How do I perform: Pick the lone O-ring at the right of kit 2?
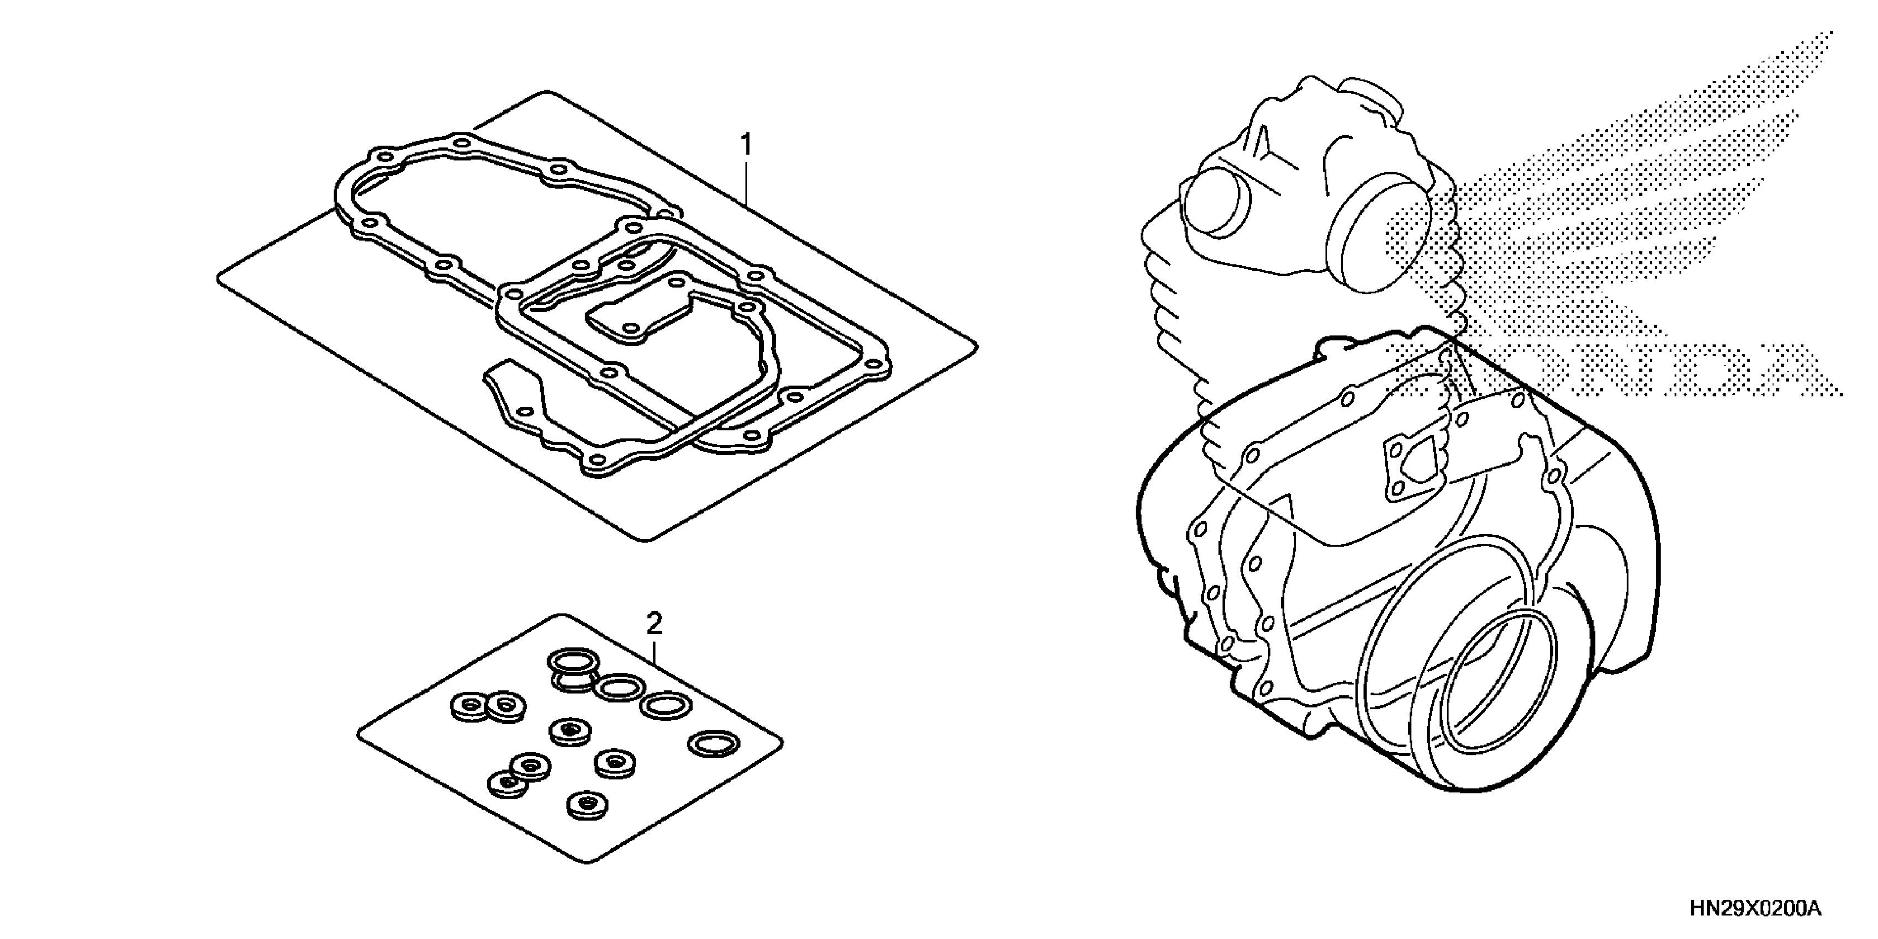[x=714, y=743]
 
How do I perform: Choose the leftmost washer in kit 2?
[x=467, y=706]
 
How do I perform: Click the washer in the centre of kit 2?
[x=569, y=731]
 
